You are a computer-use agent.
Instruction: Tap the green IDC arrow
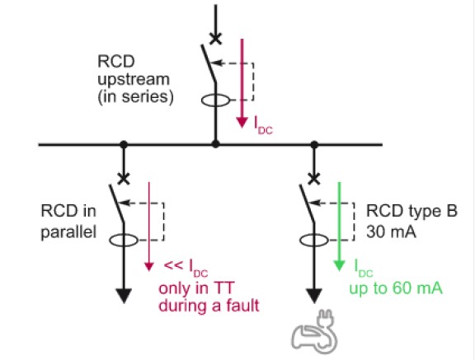(339, 227)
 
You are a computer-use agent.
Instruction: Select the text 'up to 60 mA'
(396, 288)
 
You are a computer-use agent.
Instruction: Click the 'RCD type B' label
(412, 211)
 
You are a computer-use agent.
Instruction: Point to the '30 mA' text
(391, 232)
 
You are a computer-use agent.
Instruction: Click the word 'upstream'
(134, 80)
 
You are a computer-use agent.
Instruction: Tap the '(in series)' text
(135, 97)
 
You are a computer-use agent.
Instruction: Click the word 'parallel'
(68, 232)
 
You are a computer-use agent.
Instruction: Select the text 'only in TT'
(196, 288)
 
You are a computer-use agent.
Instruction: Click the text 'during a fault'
(209, 306)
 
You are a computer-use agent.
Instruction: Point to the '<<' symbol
(173, 265)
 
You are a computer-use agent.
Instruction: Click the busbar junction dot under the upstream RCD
(215, 144)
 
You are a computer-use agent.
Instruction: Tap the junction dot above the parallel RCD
(124, 145)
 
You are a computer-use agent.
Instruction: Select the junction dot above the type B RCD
(314, 145)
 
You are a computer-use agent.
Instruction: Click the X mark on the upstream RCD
(216, 39)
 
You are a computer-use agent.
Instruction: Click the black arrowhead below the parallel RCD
(124, 296)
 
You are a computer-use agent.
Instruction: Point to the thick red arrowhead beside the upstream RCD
(242, 122)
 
